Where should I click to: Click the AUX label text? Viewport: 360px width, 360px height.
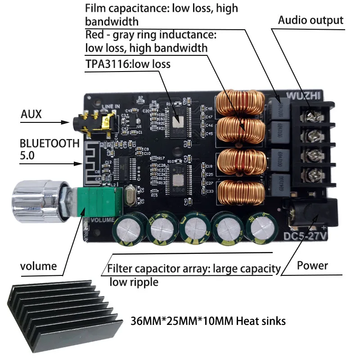coord(31,114)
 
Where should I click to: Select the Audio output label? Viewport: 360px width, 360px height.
coord(310,20)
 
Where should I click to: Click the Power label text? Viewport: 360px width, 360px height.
coord(312,265)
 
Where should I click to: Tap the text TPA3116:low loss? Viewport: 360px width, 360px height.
coord(128,64)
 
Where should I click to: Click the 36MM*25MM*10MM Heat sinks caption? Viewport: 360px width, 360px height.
coord(207,321)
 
